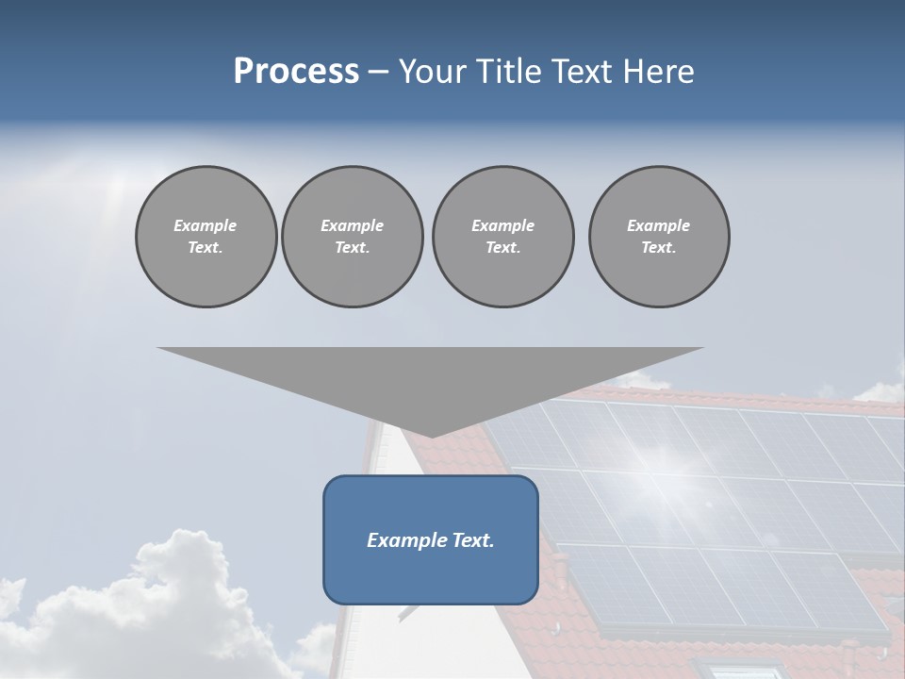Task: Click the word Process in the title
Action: (x=296, y=72)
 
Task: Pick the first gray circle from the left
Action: (x=206, y=237)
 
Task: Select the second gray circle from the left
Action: (x=352, y=237)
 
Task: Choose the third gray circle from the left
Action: (x=502, y=237)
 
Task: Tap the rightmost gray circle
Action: (x=658, y=237)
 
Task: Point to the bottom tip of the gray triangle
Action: (x=431, y=436)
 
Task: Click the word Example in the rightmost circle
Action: (x=658, y=225)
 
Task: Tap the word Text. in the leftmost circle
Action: (x=206, y=248)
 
